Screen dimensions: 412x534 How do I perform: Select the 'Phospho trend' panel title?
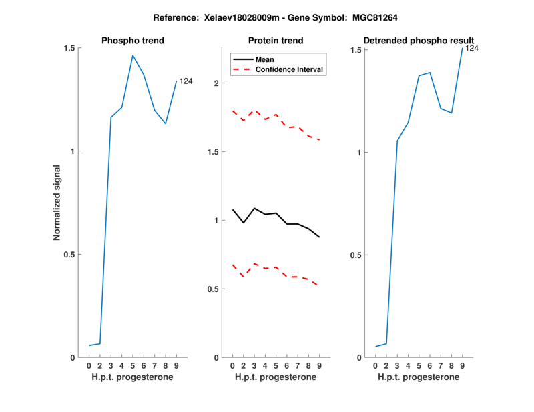click(x=133, y=41)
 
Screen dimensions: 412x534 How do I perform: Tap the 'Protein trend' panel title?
click(x=276, y=41)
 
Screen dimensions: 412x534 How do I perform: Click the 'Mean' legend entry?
click(x=264, y=59)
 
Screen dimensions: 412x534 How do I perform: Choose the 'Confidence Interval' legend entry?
click(x=290, y=69)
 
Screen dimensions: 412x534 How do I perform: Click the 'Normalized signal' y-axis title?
click(x=57, y=203)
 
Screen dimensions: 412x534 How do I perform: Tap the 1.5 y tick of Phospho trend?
click(x=69, y=48)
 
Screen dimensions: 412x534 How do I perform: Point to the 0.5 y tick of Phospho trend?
click(x=69, y=254)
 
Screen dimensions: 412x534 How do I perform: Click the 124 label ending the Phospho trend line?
click(x=186, y=81)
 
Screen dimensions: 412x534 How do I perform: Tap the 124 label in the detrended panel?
click(x=472, y=48)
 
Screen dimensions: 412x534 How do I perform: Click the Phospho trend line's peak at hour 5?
click(x=133, y=55)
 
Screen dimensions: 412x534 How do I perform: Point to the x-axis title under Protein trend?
click(x=276, y=377)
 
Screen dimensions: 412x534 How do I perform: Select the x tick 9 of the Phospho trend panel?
click(x=176, y=365)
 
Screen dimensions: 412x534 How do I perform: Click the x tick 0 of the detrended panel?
click(x=375, y=365)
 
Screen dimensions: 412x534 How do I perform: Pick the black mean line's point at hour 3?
click(x=254, y=208)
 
